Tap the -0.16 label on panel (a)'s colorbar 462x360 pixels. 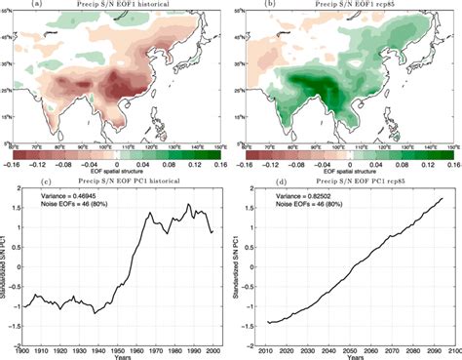tap(18, 164)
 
